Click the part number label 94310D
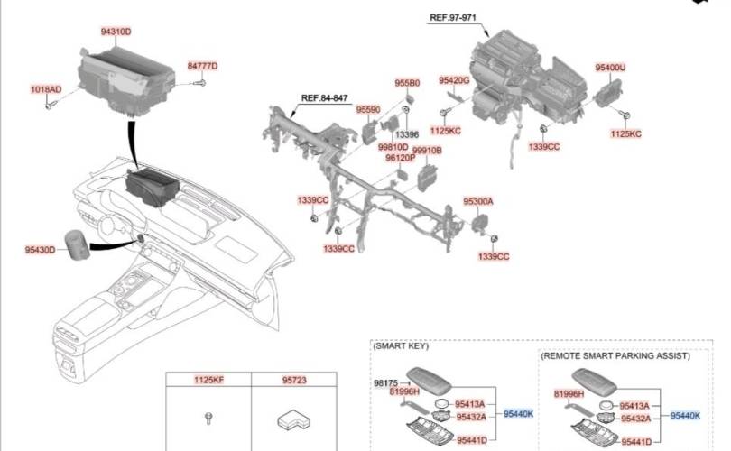[116, 32]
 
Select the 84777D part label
[202, 66]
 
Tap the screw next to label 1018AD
[50, 105]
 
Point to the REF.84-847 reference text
[325, 97]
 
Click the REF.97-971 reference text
[453, 18]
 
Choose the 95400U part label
[610, 68]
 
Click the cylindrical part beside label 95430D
[77, 244]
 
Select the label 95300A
[477, 201]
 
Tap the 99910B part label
[427, 151]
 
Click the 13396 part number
[407, 134]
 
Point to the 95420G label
[454, 80]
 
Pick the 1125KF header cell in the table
[208, 380]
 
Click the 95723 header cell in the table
[294, 380]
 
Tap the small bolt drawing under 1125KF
[208, 418]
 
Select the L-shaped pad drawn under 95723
[293, 419]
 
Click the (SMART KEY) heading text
[401, 345]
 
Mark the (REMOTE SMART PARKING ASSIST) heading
[615, 356]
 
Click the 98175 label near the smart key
[386, 383]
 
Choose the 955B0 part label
[407, 83]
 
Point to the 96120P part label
[400, 158]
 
